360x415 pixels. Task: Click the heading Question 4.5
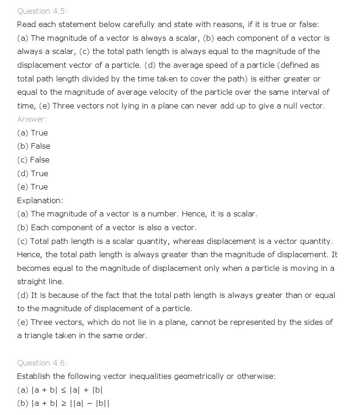pos(42,11)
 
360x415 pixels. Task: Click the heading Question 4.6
pos(42,363)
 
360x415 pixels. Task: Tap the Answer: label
pos(32,119)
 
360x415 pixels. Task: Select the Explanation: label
pos(40,200)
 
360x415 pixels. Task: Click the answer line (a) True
pos(32,133)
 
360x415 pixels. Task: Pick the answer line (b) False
pos(33,146)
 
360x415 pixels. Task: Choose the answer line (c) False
pos(33,160)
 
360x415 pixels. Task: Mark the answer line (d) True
pos(32,173)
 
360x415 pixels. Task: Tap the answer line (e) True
pos(32,187)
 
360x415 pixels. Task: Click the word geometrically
pos(197,376)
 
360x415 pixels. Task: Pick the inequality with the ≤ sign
pos(60,390)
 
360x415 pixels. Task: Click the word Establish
pos(34,376)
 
